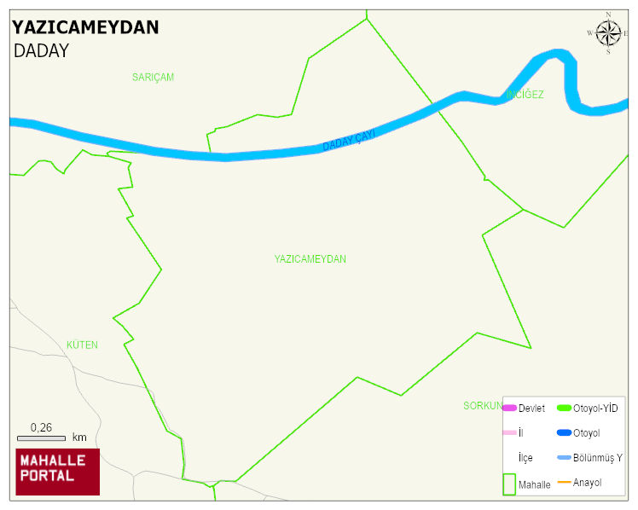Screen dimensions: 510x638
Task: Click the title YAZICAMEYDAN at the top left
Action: tap(85, 27)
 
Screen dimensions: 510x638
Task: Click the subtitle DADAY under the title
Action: tap(41, 51)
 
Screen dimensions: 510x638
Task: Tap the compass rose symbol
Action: tap(608, 33)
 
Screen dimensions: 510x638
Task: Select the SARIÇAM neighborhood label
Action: tap(153, 78)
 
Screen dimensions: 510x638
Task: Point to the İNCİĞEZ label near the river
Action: tap(525, 95)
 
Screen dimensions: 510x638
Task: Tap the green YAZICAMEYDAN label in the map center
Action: tap(310, 259)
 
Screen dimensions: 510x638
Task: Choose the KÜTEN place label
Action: tap(82, 345)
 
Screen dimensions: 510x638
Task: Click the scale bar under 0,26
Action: tap(41, 438)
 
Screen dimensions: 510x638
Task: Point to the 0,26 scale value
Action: tap(41, 427)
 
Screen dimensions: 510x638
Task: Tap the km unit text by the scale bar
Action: tap(79, 438)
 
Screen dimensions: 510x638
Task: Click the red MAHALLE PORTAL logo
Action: tap(58, 472)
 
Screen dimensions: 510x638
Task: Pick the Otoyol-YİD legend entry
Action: tap(595, 409)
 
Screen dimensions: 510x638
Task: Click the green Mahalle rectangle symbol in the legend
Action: tap(509, 484)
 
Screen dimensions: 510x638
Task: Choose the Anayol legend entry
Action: tap(587, 483)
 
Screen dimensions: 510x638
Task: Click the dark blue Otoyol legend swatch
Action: tap(564, 433)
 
